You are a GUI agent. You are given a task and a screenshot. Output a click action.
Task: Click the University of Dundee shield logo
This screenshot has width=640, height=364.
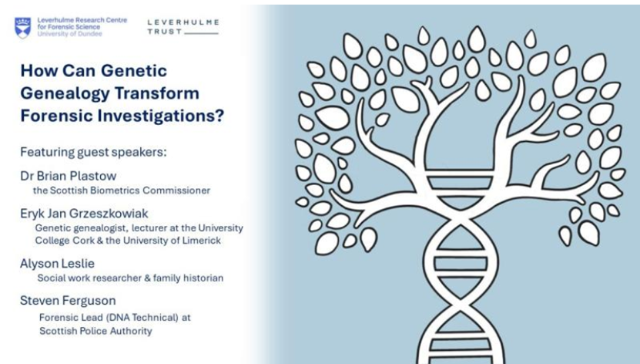23,28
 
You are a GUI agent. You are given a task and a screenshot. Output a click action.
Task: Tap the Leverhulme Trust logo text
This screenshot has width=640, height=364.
183,26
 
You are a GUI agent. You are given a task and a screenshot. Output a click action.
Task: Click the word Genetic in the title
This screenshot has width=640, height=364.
134,71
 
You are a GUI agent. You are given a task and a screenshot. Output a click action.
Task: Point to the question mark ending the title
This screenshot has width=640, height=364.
220,116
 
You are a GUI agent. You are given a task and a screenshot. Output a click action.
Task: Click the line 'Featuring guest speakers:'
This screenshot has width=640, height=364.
93,152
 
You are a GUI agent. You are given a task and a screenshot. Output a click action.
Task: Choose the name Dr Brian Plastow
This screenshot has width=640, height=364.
69,176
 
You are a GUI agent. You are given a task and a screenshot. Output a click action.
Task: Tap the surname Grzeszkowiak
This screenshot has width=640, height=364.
109,214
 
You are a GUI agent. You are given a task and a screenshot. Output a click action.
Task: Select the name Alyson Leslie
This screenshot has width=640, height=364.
57,264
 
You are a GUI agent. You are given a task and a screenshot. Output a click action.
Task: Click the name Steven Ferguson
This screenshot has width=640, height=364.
68,301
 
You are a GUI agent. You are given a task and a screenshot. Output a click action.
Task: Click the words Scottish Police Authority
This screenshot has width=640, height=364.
95,331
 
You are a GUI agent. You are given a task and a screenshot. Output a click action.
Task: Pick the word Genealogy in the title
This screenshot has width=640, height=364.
64,93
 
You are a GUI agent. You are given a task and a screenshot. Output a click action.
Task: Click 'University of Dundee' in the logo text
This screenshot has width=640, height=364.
69,34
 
